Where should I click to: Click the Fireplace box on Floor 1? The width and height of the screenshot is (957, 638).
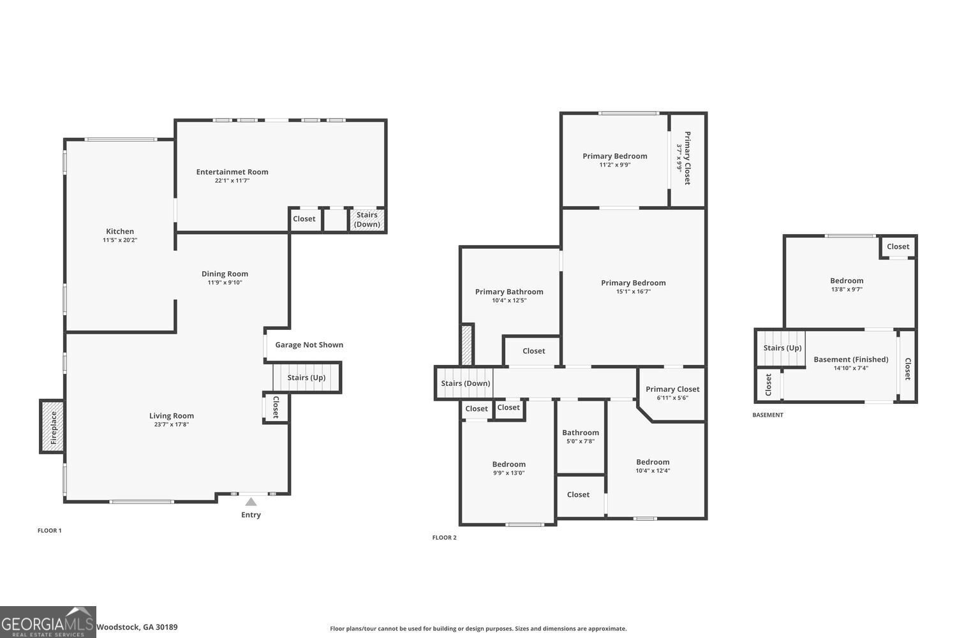[53, 427]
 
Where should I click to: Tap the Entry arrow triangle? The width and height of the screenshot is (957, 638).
[251, 502]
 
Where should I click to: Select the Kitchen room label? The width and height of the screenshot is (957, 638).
[120, 232]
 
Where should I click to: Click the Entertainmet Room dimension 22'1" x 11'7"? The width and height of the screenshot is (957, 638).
[232, 181]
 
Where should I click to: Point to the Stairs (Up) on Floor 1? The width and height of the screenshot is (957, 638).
[306, 378]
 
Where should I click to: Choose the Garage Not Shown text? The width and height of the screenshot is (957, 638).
[309, 345]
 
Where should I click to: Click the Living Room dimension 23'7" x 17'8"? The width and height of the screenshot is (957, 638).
[171, 424]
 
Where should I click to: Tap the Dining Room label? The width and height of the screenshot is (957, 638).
[225, 274]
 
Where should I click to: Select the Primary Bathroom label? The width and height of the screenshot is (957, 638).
[509, 292]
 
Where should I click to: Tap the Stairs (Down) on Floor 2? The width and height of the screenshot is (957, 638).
[465, 383]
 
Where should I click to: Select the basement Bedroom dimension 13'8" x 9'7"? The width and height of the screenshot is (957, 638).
[847, 289]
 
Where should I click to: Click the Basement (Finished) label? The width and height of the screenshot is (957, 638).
[850, 359]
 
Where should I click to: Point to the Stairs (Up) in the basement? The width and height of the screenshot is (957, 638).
[782, 348]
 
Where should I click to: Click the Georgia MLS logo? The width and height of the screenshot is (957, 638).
[48, 622]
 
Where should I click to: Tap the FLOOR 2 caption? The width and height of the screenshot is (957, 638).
[444, 538]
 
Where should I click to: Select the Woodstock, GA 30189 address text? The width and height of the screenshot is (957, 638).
[137, 627]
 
